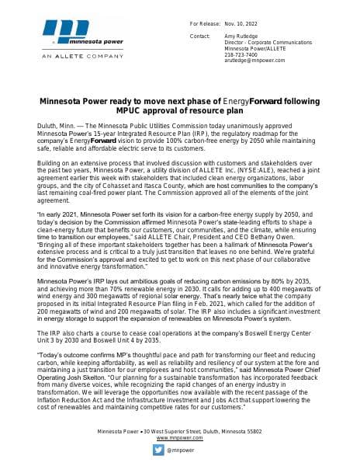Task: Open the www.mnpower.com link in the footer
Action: pyautogui.click(x=179, y=437)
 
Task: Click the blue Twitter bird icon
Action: pyautogui.click(x=160, y=449)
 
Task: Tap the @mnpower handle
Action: pyautogui.click(x=185, y=449)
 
